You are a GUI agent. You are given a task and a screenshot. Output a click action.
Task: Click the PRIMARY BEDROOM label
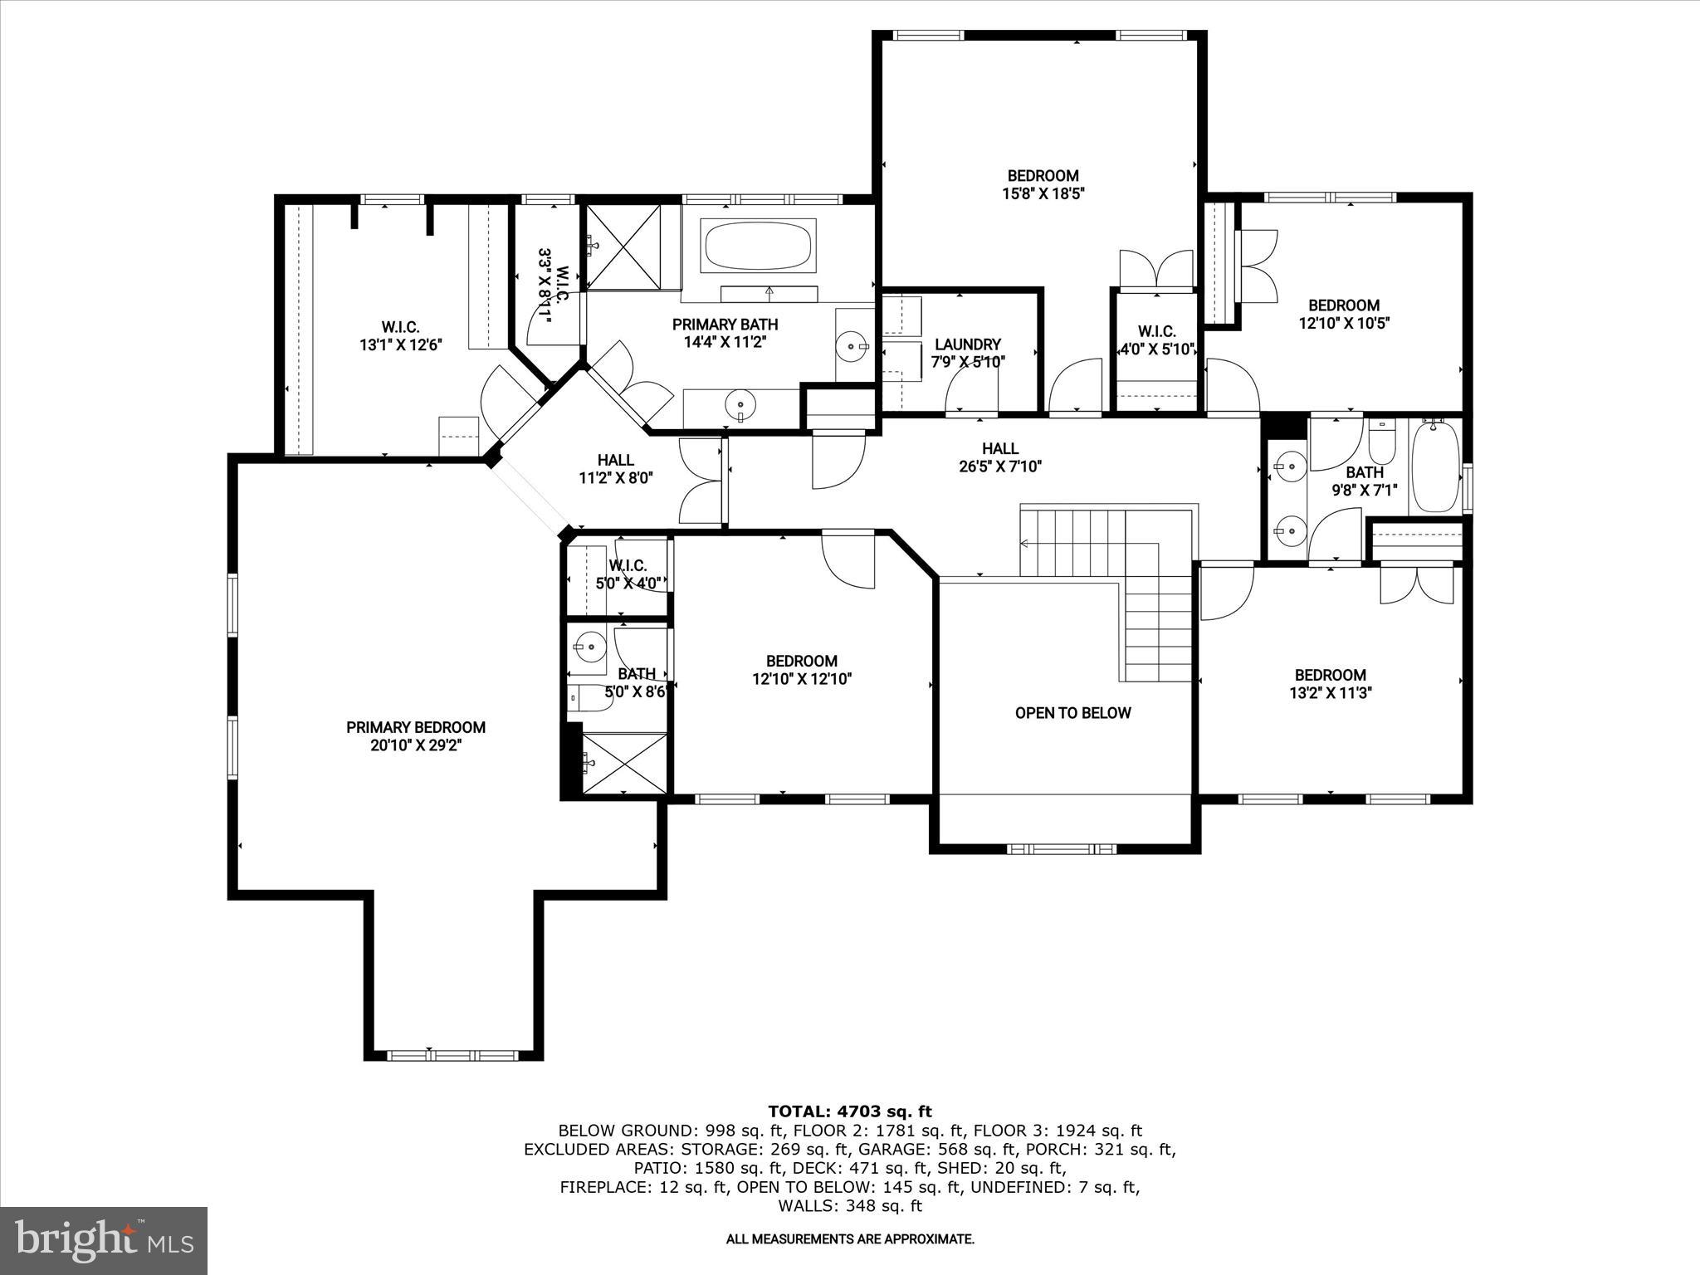point(416,728)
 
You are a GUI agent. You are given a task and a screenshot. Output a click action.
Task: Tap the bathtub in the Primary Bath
point(759,246)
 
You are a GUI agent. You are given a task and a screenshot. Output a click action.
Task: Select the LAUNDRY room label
point(968,344)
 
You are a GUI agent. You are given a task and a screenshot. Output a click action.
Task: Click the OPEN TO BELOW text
point(1072,713)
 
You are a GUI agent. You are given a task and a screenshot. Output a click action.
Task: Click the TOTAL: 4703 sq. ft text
point(849,1111)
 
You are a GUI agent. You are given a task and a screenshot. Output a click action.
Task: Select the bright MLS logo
point(104,1240)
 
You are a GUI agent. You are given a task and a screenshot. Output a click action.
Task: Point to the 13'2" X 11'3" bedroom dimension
point(1330,693)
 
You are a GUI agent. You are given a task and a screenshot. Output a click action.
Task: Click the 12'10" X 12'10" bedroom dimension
point(802,679)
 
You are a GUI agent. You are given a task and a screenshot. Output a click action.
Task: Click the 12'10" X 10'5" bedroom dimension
point(1344,323)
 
